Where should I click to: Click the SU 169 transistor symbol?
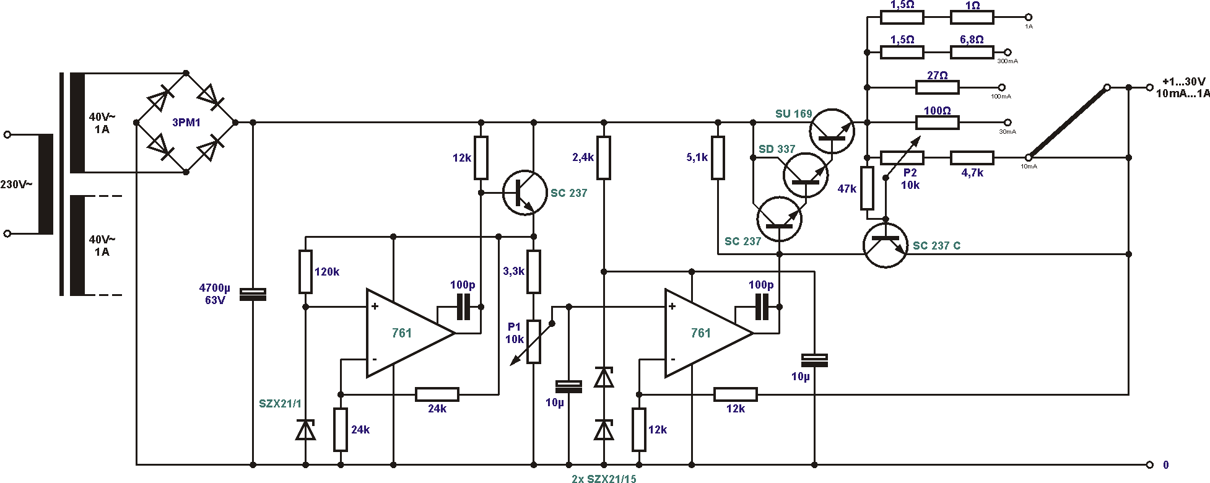click(832, 131)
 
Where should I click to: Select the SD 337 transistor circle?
click(805, 175)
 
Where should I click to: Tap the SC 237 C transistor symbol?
click(885, 245)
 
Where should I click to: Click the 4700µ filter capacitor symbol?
click(253, 294)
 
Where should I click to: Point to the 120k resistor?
click(305, 271)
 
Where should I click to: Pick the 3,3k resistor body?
click(534, 271)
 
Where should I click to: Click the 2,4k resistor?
click(604, 158)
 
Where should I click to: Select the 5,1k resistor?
click(718, 158)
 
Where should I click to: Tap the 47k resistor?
click(867, 188)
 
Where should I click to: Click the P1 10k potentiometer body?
click(534, 341)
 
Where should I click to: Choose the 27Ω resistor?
click(937, 87)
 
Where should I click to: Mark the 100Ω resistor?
click(937, 123)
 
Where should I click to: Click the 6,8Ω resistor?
click(972, 53)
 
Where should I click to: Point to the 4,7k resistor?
click(972, 158)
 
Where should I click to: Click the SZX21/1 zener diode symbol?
click(305, 429)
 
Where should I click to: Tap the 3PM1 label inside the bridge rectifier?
click(186, 123)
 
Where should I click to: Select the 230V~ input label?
click(16, 185)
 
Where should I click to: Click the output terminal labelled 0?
click(1149, 464)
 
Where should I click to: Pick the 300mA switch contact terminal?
click(1008, 53)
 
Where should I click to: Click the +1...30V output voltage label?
click(1183, 82)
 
